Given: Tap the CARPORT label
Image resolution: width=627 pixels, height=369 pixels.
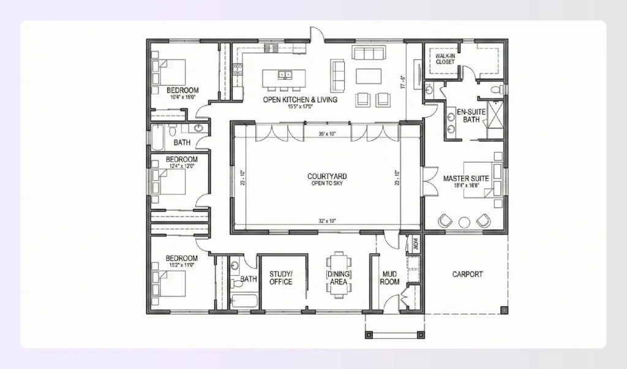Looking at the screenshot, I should pyautogui.click(x=467, y=275).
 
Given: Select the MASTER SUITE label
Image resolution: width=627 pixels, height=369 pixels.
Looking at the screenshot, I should pyautogui.click(x=466, y=178).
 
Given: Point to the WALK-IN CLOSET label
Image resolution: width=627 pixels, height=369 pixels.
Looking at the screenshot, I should pyautogui.click(x=445, y=59).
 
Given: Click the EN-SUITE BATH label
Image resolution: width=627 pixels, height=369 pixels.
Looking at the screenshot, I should pyautogui.click(x=470, y=116).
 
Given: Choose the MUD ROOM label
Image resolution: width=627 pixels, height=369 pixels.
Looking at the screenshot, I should pyautogui.click(x=389, y=278).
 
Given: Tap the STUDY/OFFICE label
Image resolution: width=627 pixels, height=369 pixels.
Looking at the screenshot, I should pyautogui.click(x=280, y=278).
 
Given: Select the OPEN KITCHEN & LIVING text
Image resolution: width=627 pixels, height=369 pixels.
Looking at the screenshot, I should pyautogui.click(x=300, y=99).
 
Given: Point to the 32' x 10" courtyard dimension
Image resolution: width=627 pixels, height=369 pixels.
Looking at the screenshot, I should pyautogui.click(x=327, y=221).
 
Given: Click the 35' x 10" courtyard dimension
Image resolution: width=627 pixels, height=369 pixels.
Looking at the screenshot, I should pyautogui.click(x=327, y=133).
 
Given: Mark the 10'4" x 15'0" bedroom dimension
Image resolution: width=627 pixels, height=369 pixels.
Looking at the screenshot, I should pyautogui.click(x=182, y=96).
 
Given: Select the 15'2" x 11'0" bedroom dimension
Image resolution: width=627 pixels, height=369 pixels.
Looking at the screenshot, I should pyautogui.click(x=182, y=265).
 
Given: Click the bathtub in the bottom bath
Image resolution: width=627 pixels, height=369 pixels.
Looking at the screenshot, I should pyautogui.click(x=244, y=301).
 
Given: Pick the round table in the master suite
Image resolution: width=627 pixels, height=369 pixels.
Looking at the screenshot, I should pyautogui.click(x=464, y=221).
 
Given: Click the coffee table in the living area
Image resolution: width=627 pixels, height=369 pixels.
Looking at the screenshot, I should pyautogui.click(x=368, y=76).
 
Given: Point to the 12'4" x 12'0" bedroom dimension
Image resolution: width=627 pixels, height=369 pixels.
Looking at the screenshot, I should pyautogui.click(x=182, y=165).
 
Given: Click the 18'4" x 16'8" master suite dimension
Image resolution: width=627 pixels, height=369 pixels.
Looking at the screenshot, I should pyautogui.click(x=466, y=186).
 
